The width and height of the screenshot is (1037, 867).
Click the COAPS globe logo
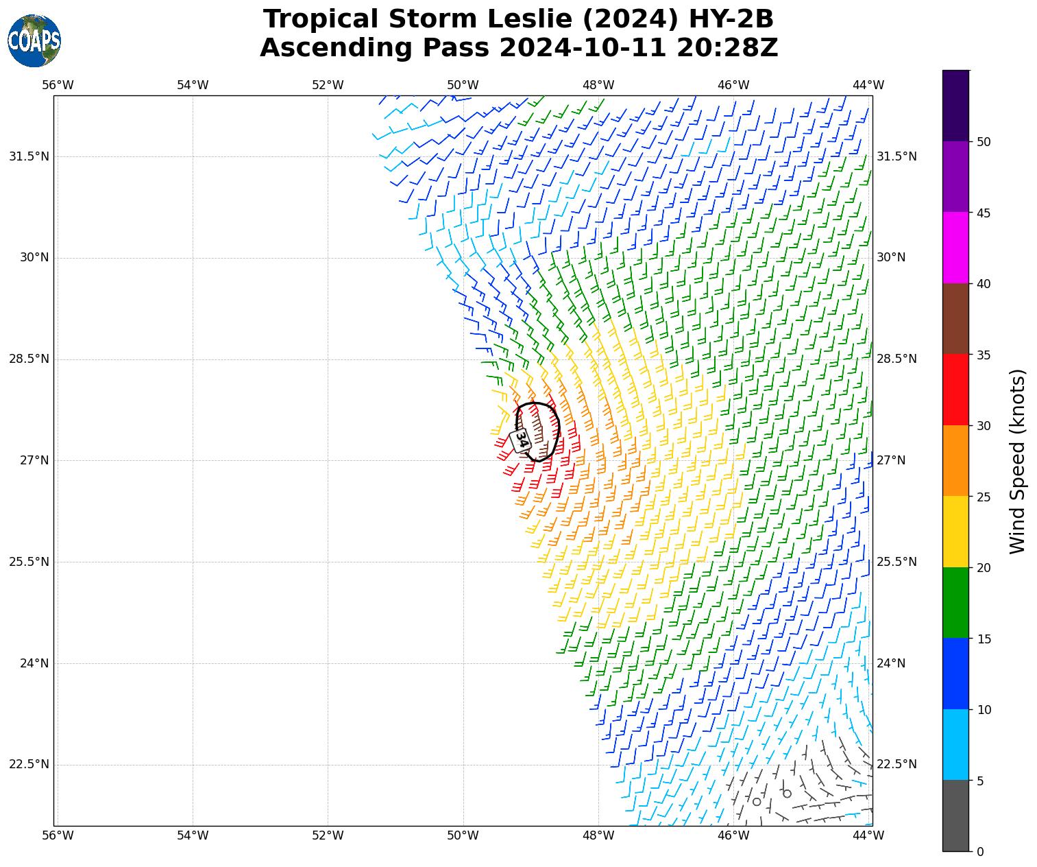coord(34,40)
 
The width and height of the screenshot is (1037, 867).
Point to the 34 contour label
coord(520,440)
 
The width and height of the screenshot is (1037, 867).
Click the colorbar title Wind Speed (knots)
coord(1018,461)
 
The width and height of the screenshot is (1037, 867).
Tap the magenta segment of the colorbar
coord(955,248)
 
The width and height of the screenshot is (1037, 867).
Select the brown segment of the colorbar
coord(955,319)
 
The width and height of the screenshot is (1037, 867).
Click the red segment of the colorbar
coord(955,390)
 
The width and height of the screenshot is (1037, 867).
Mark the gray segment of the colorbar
coord(955,816)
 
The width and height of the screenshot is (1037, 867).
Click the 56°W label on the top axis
coord(58,85)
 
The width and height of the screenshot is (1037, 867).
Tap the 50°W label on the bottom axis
coord(463,835)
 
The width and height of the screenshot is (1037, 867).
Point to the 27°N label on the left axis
coord(34,460)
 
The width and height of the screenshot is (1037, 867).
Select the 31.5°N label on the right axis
coord(896,156)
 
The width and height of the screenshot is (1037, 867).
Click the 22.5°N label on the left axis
coord(29,765)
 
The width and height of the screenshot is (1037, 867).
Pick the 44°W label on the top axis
coord(868,85)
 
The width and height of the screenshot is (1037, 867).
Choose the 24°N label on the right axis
coord(891,663)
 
